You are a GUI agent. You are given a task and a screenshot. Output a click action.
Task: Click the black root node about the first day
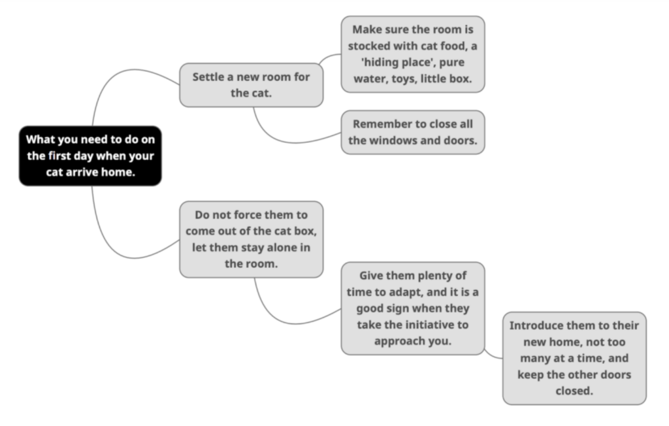90,156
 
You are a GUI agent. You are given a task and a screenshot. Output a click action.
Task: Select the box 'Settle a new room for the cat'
252,85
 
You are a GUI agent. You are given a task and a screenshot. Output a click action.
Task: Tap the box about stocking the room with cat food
413,54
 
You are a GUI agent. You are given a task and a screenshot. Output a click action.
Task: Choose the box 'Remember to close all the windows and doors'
413,133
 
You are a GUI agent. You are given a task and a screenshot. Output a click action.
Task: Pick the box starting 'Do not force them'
252,240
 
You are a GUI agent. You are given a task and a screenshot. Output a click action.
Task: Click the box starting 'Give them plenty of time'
413,308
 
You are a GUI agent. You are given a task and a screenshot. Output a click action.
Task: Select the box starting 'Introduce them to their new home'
574,358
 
